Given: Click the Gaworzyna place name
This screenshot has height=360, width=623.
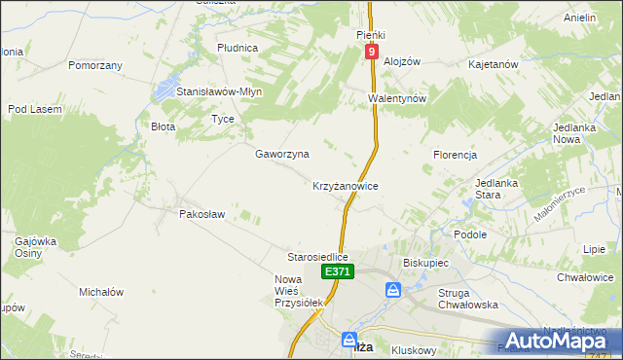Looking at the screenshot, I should pos(282,154).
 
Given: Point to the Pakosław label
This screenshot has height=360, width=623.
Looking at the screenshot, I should pos(202,213).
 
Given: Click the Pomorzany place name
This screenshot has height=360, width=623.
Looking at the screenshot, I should pos(95,65).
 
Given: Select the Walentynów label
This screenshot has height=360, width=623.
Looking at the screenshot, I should pos(397,99).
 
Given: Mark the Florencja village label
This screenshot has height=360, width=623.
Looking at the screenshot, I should pos(455,155).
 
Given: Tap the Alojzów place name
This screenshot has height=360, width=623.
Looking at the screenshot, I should pos(401,60).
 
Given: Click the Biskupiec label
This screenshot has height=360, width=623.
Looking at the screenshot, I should pos(424,263).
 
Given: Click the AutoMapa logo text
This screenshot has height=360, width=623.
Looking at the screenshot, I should pos(566,340).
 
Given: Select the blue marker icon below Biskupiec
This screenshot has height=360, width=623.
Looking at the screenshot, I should pos(393,290).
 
